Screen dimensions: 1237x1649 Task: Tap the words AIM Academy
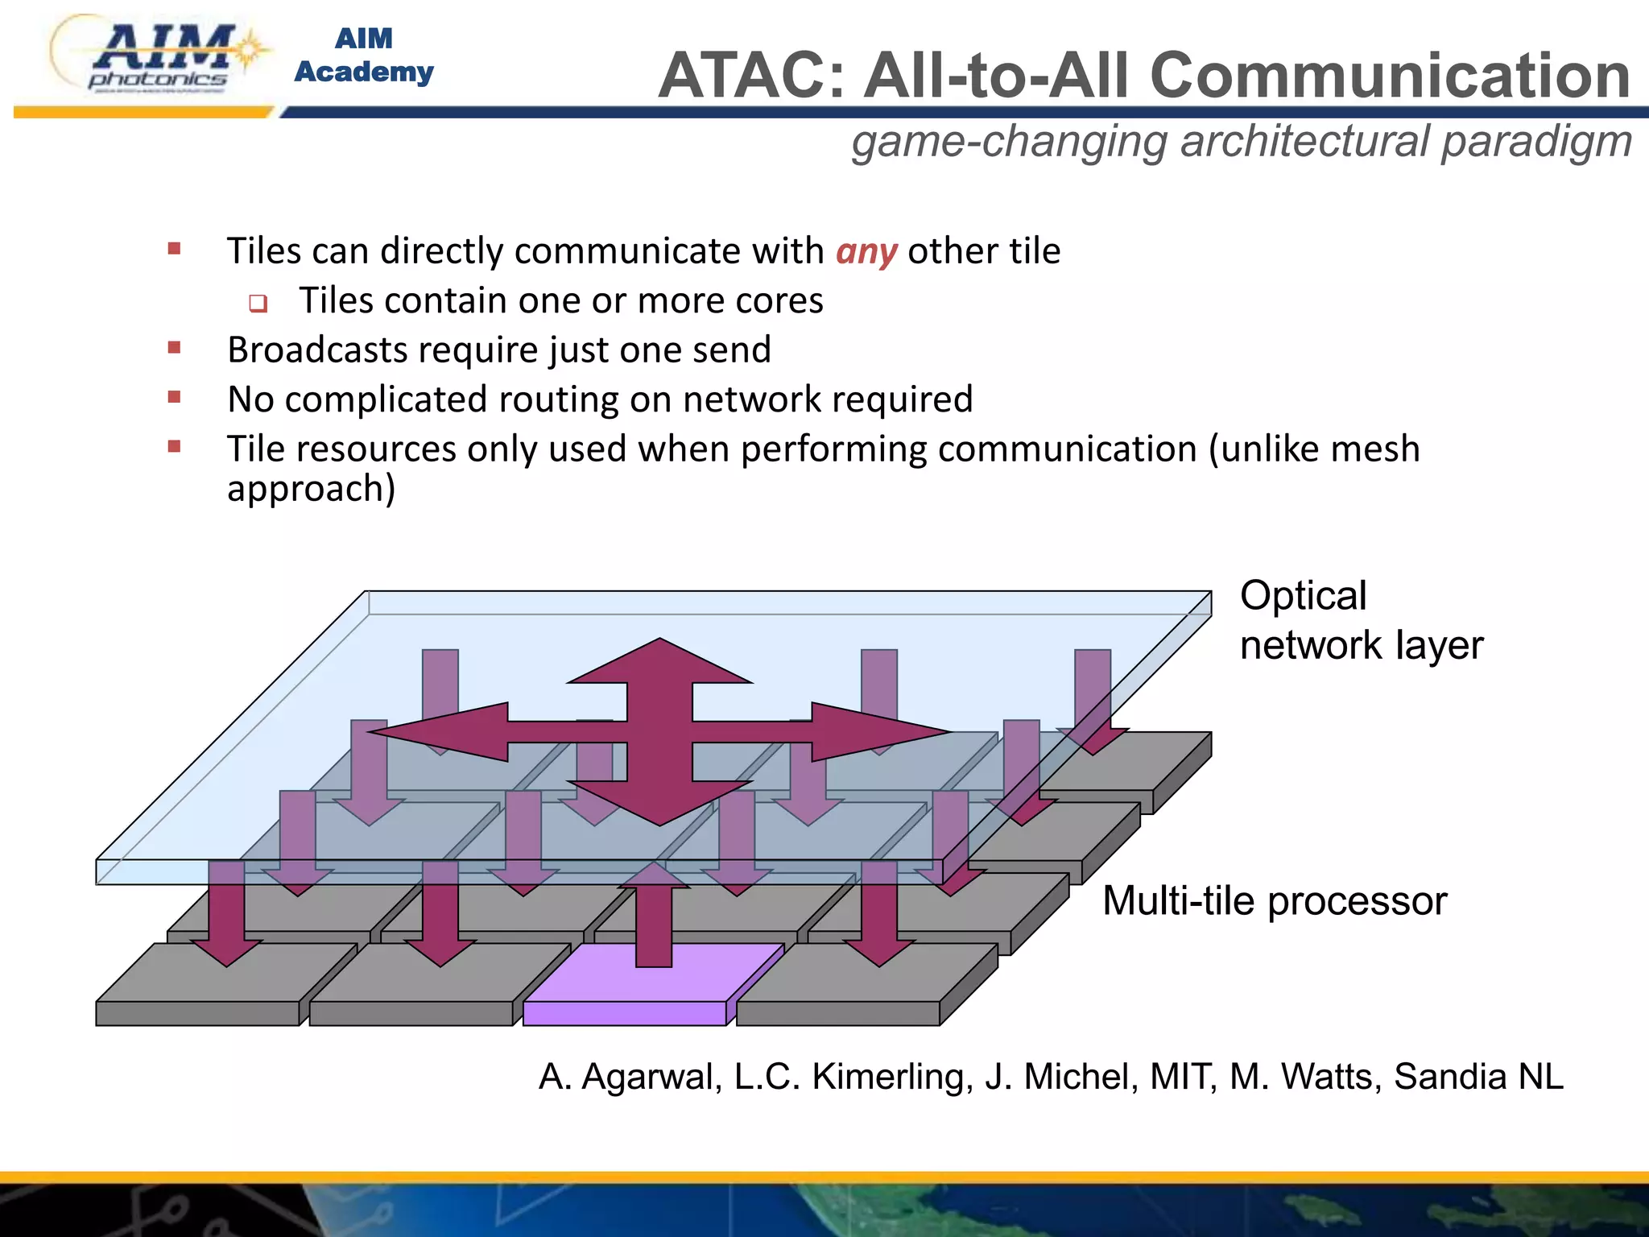pyautogui.click(x=364, y=55)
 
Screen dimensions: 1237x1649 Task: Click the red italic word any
pyautogui.click(x=866, y=251)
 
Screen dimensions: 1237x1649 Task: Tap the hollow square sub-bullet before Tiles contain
pyautogui.click(x=258, y=304)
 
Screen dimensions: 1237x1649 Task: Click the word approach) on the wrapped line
pyautogui.click(x=311, y=489)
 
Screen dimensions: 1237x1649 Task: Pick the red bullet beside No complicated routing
pyautogui.click(x=174, y=397)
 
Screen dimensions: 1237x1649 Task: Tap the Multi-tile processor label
pyautogui.click(x=1274, y=900)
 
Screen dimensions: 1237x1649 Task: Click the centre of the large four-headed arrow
pyautogui.click(x=659, y=732)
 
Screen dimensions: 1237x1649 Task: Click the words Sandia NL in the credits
pyautogui.click(x=1477, y=1077)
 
